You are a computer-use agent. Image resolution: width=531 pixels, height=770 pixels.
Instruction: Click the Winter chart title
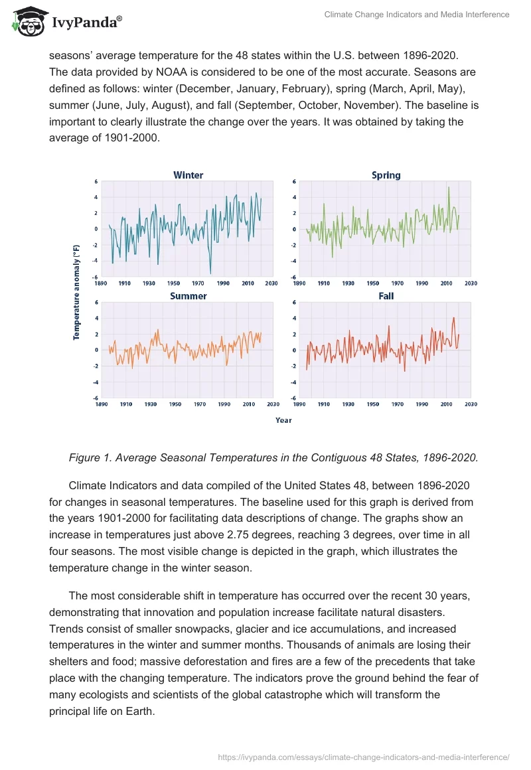click(188, 175)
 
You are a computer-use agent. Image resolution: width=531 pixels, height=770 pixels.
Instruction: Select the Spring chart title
click(386, 175)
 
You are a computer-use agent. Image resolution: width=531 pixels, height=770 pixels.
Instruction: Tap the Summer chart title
click(188, 296)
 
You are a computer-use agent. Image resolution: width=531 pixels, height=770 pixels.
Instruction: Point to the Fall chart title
click(386, 296)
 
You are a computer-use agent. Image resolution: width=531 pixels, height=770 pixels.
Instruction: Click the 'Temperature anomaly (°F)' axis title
click(76, 292)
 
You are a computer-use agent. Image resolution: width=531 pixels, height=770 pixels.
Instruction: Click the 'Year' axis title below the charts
click(283, 420)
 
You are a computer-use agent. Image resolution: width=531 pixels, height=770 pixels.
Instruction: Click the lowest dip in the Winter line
click(210, 273)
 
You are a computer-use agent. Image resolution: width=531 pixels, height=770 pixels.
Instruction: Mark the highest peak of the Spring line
click(449, 187)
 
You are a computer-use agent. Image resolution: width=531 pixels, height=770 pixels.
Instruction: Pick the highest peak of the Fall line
click(454, 317)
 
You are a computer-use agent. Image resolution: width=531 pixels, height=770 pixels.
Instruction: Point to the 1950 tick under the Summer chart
click(175, 404)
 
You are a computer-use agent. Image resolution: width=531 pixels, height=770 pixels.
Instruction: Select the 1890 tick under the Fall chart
click(299, 404)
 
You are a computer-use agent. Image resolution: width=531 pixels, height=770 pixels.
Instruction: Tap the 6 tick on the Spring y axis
click(294, 181)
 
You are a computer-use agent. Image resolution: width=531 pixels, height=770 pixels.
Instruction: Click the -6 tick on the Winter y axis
click(96, 277)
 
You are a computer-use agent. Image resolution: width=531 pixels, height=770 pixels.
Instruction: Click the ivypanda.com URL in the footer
click(364, 757)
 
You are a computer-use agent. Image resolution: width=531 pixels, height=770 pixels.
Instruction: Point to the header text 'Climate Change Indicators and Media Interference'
click(416, 15)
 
